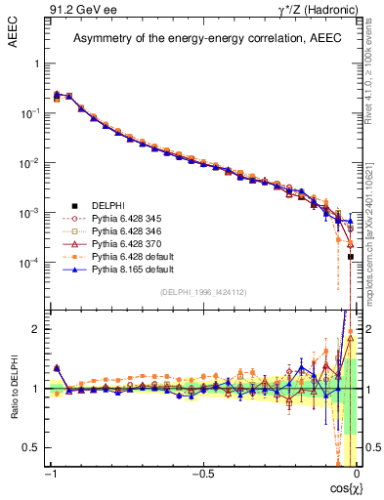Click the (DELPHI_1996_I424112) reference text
coord(202,292)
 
